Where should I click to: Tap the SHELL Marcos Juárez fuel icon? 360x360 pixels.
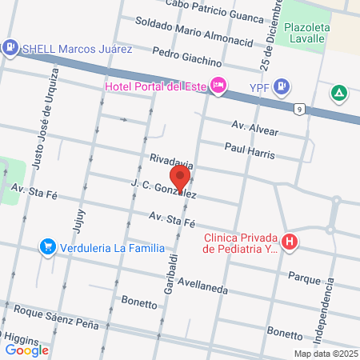[x=10, y=47]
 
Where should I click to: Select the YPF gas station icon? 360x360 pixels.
[x=282, y=86]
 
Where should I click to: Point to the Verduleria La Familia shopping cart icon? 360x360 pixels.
[x=49, y=248]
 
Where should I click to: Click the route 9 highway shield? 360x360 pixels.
[x=299, y=109]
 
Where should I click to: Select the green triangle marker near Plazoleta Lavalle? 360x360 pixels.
[x=340, y=94]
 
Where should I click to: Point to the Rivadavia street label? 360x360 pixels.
[x=166, y=162]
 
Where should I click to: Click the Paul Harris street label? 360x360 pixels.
[x=250, y=151]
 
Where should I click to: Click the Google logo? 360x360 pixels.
[x=27, y=349]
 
